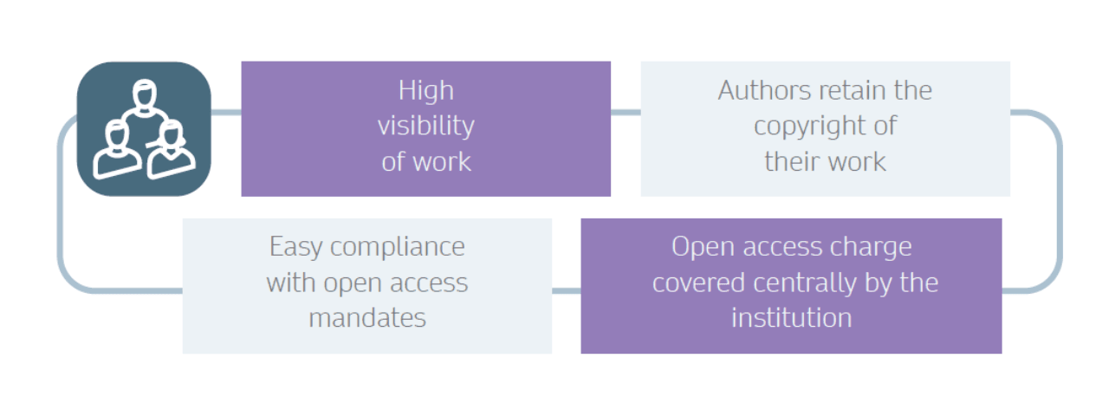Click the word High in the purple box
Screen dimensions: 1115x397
[426, 92]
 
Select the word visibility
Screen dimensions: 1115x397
[426, 127]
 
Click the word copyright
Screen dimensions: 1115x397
[807, 127]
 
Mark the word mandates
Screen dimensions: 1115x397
[367, 318]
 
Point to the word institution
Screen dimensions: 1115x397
[792, 318]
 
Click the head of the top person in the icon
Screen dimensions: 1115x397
[145, 94]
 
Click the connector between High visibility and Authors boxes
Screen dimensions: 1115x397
[626, 112]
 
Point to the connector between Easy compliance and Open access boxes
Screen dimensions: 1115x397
[567, 290]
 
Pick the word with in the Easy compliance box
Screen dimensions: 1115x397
[291, 283]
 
